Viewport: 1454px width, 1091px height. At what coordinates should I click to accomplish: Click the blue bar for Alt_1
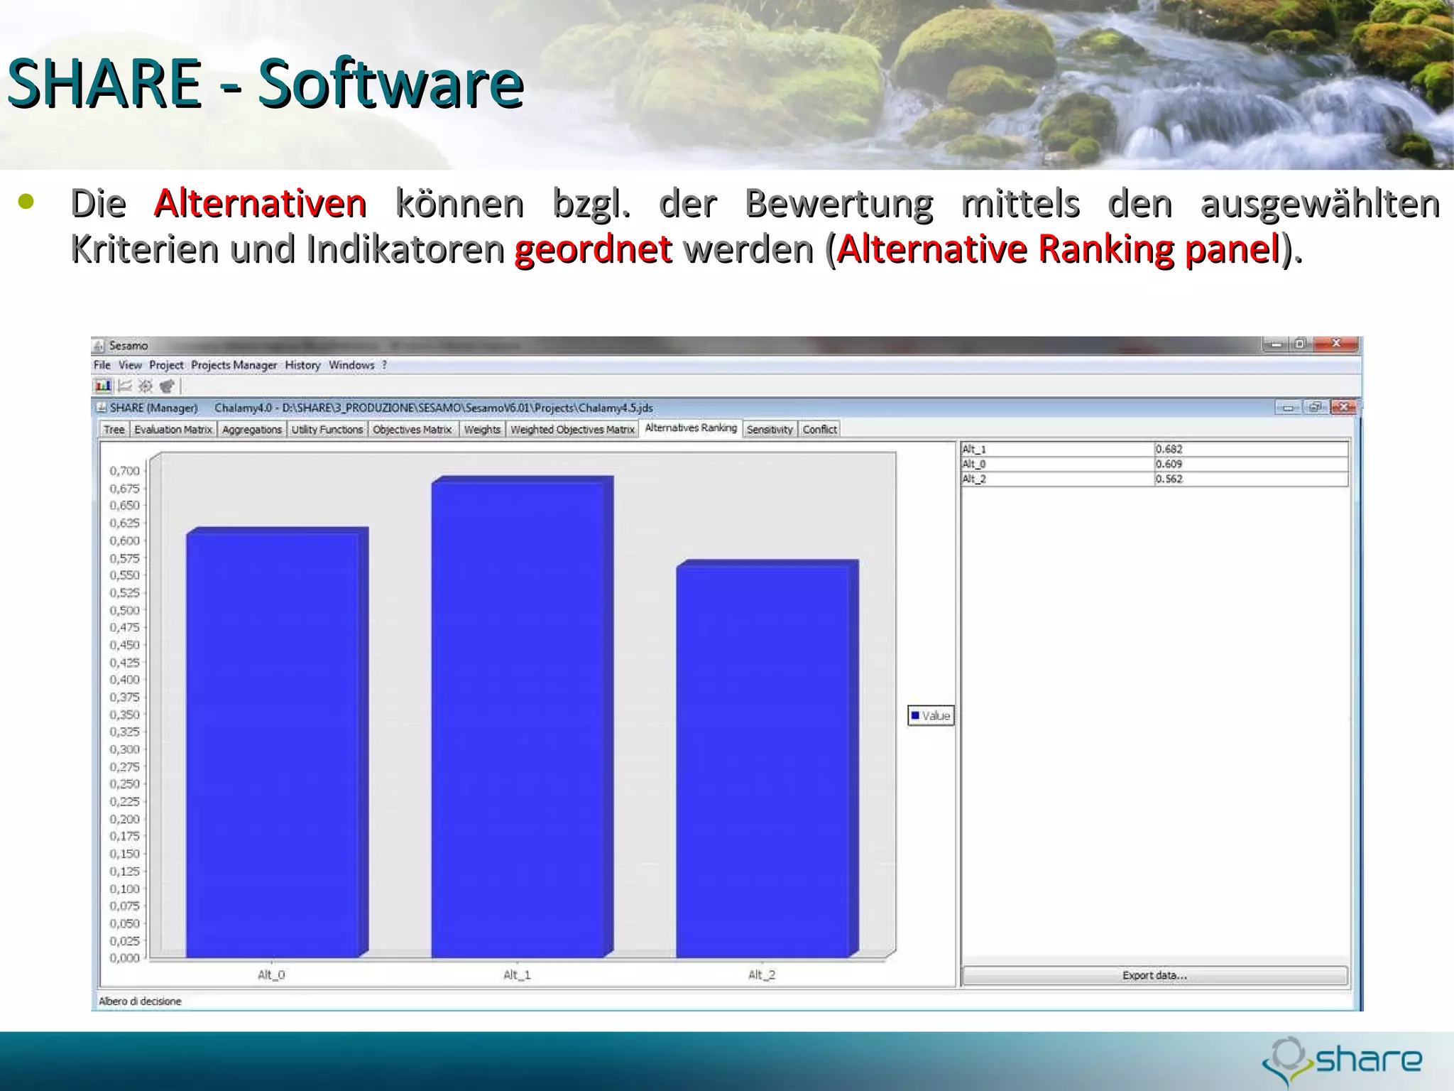(x=518, y=717)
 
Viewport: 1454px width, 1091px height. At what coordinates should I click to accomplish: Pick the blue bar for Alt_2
(x=763, y=760)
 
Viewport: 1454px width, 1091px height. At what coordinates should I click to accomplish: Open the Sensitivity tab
(x=770, y=430)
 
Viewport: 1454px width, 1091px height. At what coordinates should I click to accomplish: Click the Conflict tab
(x=820, y=430)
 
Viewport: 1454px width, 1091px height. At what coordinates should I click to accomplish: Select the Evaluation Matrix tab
(x=173, y=430)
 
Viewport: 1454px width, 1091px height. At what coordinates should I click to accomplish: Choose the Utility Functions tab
(x=327, y=430)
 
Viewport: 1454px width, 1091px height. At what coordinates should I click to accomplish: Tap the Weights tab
(x=482, y=430)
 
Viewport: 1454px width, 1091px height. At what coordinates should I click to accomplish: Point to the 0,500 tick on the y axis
(x=125, y=610)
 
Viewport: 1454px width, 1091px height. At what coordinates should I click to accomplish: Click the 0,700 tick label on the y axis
(x=125, y=471)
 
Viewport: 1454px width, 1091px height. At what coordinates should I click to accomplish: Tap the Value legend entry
(x=931, y=715)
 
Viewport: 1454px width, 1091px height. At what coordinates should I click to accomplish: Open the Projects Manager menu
(x=234, y=365)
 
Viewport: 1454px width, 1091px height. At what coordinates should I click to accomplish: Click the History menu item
(x=302, y=365)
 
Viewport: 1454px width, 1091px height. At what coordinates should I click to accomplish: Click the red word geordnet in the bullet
(x=593, y=249)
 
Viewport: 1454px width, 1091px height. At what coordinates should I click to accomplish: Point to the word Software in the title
(x=390, y=84)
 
